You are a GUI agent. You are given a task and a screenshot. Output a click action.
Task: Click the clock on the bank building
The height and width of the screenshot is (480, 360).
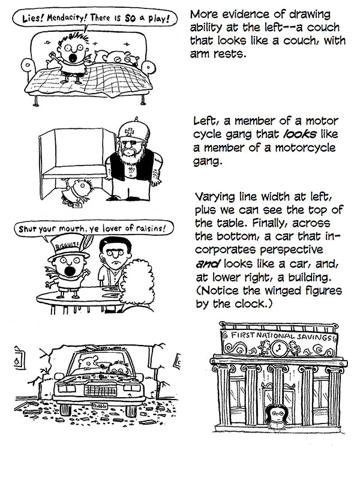point(279,349)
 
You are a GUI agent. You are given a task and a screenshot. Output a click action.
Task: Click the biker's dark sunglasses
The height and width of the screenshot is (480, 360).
point(131,142)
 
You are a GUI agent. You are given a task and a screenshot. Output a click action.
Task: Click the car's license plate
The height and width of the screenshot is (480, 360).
point(100,406)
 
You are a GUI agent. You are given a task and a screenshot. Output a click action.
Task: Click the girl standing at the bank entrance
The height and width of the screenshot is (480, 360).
point(276,415)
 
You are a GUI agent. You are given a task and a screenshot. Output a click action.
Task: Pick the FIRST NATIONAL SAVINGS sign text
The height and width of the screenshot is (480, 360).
point(281,336)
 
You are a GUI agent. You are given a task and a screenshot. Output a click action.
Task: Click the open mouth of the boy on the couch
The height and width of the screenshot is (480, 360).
point(73,58)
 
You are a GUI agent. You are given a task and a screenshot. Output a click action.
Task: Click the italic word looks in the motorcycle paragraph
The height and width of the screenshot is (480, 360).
point(295,134)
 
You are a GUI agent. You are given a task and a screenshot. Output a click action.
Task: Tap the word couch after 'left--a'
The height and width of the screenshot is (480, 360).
point(323,28)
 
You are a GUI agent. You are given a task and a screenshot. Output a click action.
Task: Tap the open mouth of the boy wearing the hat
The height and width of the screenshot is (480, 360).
point(70,271)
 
